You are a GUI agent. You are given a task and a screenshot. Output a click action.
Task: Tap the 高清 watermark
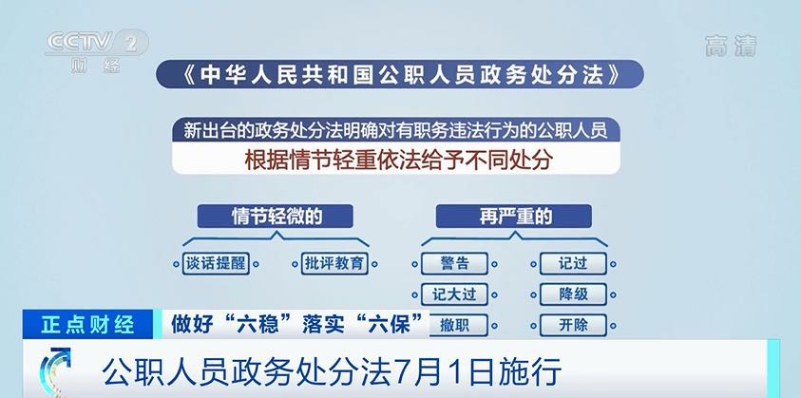[731, 46]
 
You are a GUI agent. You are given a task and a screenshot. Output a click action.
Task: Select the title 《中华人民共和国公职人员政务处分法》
[399, 75]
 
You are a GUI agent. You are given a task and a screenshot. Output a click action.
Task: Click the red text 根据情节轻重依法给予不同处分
[398, 160]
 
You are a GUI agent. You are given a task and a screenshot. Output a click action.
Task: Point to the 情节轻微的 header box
[276, 217]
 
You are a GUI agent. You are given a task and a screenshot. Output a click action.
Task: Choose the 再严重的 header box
[513, 217]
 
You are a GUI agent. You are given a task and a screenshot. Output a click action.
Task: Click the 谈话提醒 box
[216, 264]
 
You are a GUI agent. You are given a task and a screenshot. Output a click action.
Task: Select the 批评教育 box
[334, 264]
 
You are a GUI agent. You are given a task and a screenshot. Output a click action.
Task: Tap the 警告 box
[454, 264]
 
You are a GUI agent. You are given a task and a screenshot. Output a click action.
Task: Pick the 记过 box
[573, 264]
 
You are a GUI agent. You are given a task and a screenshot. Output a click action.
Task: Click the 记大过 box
[454, 294]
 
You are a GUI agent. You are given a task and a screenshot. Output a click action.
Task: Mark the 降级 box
[573, 294]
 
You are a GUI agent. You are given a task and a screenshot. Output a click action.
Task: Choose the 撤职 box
[457, 325]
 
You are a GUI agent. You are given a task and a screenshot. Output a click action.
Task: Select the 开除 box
[573, 325]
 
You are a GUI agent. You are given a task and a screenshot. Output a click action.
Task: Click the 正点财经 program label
[87, 325]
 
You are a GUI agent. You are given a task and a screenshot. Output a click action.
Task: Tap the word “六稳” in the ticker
[258, 325]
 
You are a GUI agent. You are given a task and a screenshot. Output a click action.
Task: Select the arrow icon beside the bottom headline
[56, 370]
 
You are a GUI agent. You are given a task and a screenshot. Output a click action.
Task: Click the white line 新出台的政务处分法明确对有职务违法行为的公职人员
[396, 131]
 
